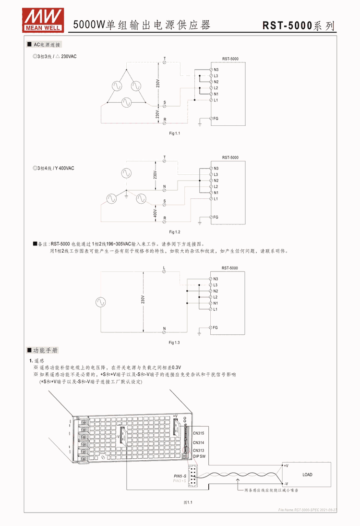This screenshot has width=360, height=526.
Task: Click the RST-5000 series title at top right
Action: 298,26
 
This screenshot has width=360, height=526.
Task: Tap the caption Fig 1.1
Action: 174,133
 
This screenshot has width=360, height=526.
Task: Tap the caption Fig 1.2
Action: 174,232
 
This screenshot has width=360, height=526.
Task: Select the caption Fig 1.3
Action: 174,343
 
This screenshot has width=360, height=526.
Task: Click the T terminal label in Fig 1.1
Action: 165,59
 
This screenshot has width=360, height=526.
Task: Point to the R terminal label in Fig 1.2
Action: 165,218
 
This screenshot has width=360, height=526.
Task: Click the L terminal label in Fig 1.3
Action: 164,268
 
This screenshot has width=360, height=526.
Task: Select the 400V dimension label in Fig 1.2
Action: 155,212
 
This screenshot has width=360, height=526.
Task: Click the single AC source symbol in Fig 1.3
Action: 100,302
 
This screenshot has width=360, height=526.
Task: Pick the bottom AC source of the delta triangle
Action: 126,101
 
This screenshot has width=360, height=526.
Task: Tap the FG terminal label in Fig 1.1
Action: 216,118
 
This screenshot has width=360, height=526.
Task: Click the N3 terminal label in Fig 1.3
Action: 216,279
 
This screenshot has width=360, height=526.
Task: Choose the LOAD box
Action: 307,475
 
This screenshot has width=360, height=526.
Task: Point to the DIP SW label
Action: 199,456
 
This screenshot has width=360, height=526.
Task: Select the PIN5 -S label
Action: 180,476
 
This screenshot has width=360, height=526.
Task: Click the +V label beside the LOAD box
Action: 286,465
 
